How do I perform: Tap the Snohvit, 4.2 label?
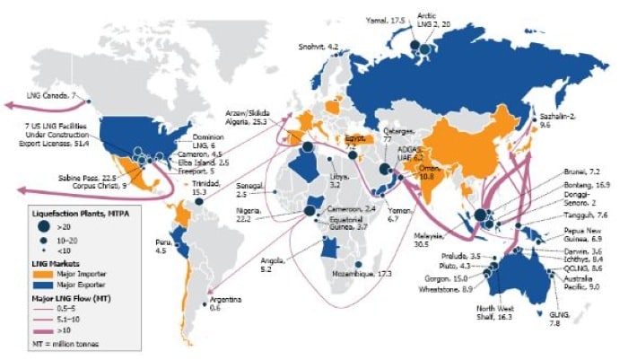click(x=318, y=45)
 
